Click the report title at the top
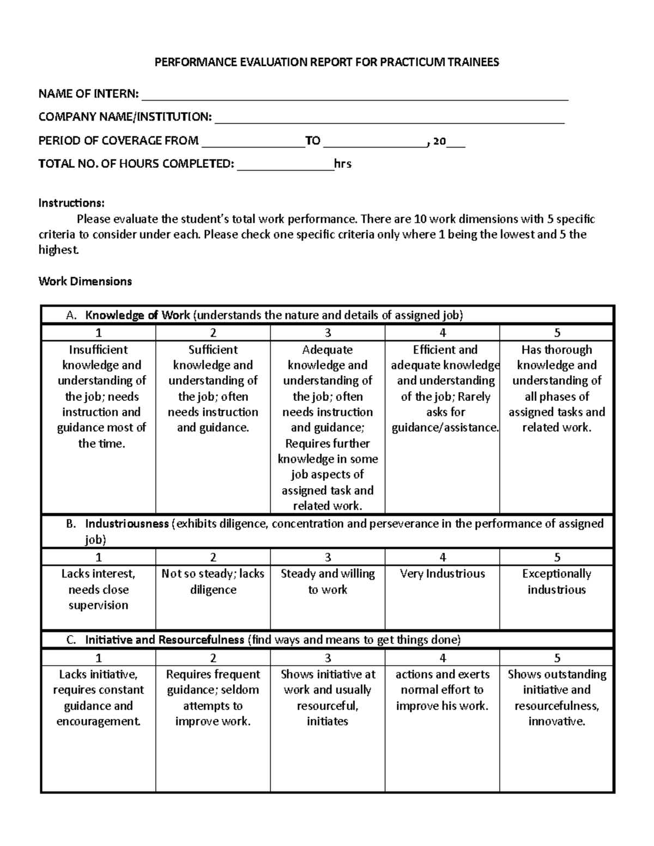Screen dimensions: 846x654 (x=326, y=62)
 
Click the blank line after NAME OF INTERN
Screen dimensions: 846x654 (x=354, y=97)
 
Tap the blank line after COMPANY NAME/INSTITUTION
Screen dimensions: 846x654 (x=390, y=120)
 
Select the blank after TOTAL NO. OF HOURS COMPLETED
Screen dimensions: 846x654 (x=285, y=167)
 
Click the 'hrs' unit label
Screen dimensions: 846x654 (x=343, y=164)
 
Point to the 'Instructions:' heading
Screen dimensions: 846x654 (x=71, y=203)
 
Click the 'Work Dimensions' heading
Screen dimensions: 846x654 (x=85, y=282)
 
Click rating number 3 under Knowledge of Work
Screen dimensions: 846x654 (x=328, y=333)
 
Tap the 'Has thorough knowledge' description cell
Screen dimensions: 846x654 (x=556, y=388)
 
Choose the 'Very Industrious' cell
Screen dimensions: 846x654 (x=442, y=574)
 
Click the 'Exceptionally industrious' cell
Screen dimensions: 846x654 (x=556, y=582)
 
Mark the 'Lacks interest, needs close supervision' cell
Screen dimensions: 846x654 (x=99, y=589)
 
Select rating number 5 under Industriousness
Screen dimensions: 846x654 (x=557, y=557)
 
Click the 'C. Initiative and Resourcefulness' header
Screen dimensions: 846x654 (x=264, y=640)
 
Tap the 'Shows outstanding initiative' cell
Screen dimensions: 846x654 (x=556, y=698)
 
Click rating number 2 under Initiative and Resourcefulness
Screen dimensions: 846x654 (x=213, y=658)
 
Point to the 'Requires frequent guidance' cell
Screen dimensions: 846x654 (x=213, y=698)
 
